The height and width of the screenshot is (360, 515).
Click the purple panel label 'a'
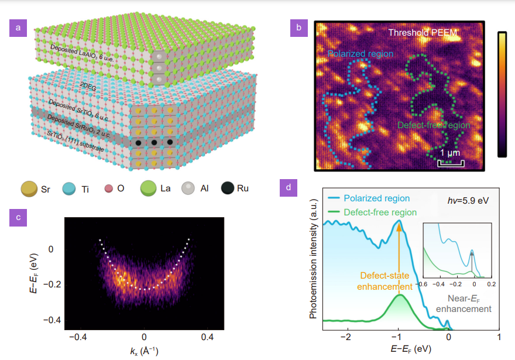tap(18, 28)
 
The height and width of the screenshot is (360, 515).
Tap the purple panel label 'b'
tap(299, 28)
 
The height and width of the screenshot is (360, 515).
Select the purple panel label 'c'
tap(18, 217)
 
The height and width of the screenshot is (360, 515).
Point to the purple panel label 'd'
tap(288, 188)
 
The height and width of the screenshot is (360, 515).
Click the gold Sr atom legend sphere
tap(28, 190)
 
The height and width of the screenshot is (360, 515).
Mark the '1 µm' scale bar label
tap(451, 153)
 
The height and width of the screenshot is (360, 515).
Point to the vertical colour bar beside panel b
tap(502, 94)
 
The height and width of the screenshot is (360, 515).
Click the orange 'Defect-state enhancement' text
tap(385, 280)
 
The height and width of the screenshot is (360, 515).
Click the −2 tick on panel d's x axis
tap(347, 338)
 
